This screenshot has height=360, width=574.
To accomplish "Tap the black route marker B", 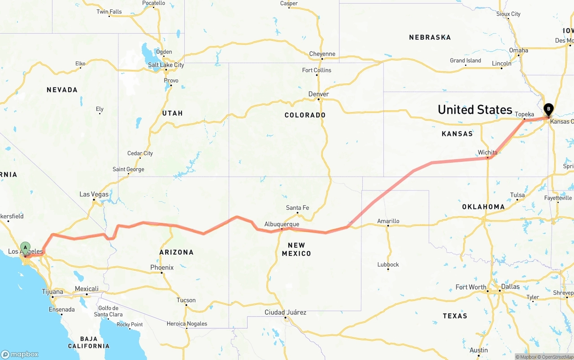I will click(x=548, y=109).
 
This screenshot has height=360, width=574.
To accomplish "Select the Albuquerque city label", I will click(x=282, y=224).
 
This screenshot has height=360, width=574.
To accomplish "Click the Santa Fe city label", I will click(x=297, y=208).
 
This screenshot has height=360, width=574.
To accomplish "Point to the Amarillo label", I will click(x=388, y=221).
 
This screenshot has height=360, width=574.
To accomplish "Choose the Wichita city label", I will click(x=487, y=152).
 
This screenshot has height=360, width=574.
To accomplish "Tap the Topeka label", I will click(x=524, y=114).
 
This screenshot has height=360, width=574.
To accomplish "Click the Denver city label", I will click(x=318, y=94).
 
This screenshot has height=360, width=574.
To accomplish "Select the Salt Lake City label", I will click(x=166, y=65).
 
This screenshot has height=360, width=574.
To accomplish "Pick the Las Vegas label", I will click(x=94, y=194).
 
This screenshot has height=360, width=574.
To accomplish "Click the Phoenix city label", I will click(x=162, y=268).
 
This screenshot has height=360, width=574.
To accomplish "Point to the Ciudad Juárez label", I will click(x=285, y=312).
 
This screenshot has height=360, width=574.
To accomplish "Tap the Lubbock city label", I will click(x=388, y=265).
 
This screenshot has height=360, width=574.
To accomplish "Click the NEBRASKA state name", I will click(x=430, y=37).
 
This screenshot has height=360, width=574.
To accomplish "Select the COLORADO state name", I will click(x=305, y=115).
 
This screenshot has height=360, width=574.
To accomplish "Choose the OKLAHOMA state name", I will click(x=483, y=207).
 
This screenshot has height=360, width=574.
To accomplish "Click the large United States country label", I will click(x=475, y=109).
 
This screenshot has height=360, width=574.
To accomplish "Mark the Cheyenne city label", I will click(x=322, y=54).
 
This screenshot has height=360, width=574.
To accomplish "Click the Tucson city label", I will click(x=186, y=300).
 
